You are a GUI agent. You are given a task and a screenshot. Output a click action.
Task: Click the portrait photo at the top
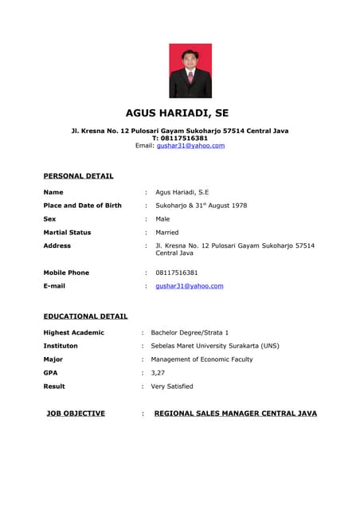[x=190, y=70]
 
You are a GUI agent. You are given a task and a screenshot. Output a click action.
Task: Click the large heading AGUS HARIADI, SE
[x=177, y=113]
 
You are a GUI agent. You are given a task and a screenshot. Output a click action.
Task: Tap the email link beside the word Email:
[x=190, y=146]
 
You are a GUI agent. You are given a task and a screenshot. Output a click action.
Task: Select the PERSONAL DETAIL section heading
[x=78, y=175]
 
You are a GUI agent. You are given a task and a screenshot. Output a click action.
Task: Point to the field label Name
[x=53, y=192]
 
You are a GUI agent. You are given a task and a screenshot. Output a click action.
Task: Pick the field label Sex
[x=49, y=218]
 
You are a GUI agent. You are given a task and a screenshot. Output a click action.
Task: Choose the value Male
[x=162, y=218]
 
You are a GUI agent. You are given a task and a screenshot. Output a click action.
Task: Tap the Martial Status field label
[x=67, y=232]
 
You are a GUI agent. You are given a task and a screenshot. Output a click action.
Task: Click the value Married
[x=167, y=232]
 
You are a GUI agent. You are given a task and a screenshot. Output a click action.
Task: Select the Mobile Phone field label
[x=66, y=273]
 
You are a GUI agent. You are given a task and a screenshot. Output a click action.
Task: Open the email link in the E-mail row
[x=190, y=285]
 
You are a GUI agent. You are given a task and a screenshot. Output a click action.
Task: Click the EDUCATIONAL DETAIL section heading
[x=85, y=316]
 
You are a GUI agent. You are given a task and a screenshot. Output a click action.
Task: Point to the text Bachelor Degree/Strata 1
[x=190, y=332]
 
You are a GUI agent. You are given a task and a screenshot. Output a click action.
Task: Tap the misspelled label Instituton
[x=61, y=346]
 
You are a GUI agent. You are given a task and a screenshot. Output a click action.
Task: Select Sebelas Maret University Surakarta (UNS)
[x=215, y=346]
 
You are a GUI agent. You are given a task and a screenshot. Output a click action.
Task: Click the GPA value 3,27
[x=158, y=372]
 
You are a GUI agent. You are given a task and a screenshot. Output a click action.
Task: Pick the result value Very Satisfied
[x=172, y=386]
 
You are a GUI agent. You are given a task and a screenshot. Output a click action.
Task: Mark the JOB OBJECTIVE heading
[x=76, y=414]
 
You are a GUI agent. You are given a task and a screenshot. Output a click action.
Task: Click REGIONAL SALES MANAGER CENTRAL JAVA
[x=235, y=414]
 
